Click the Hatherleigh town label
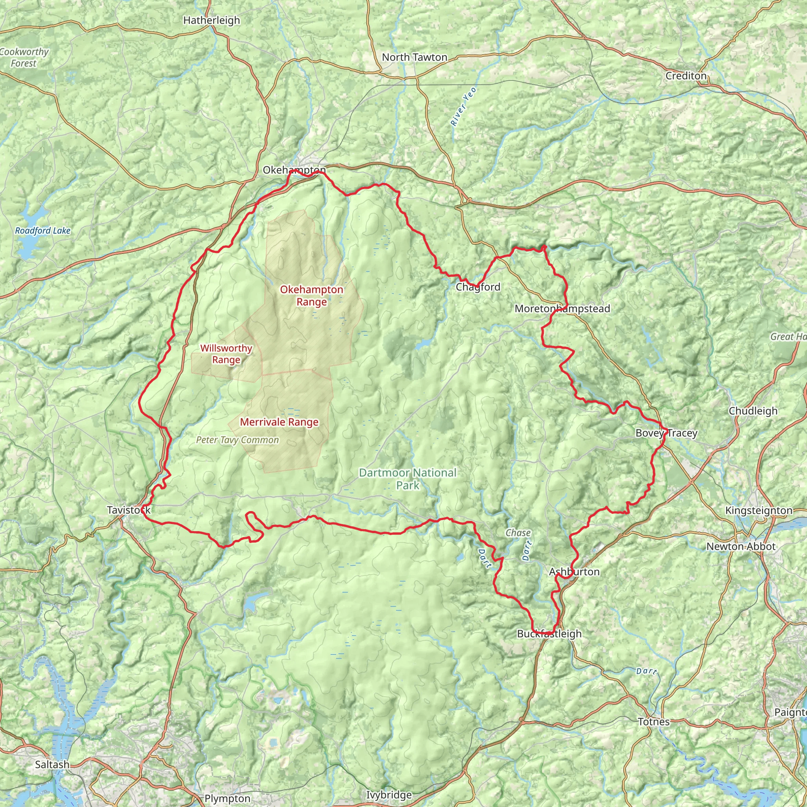point(212,20)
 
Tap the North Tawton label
point(415,57)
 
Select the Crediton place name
point(686,76)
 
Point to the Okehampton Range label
point(312,296)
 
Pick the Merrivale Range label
point(279,422)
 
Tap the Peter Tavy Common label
point(237,440)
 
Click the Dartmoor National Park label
point(408,479)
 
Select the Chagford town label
point(478,287)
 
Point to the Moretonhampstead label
point(562,309)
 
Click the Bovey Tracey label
point(666,433)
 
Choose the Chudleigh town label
point(753,411)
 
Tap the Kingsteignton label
point(759,510)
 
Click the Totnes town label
point(654,722)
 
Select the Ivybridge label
point(389,795)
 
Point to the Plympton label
point(228,799)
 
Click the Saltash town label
point(52,764)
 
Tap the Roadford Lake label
point(43,231)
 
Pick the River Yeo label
point(463,106)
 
